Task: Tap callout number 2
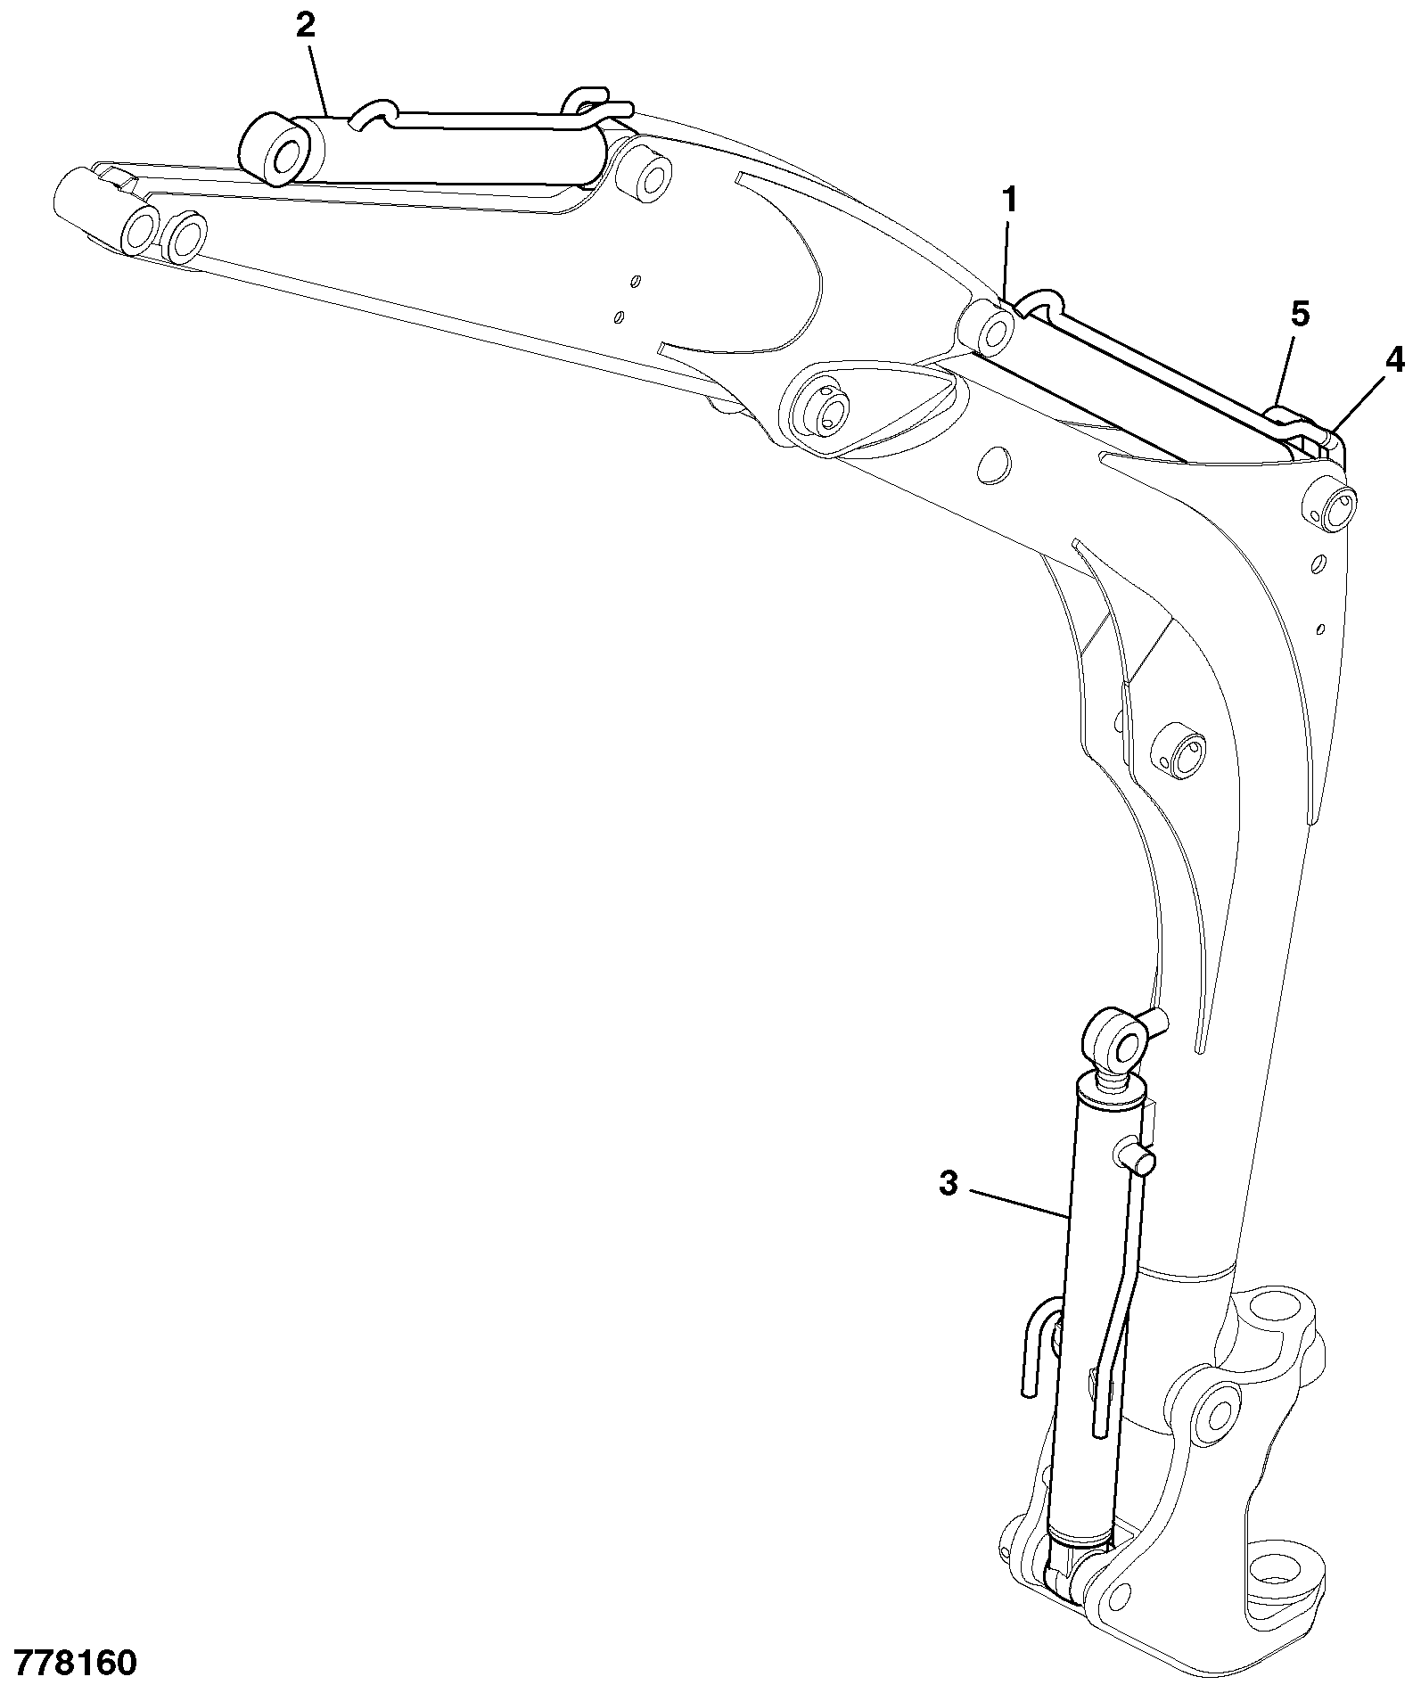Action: coord(306,24)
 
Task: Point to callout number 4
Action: coord(1395,360)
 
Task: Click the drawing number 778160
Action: coord(70,1664)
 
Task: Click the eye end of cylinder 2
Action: coord(278,150)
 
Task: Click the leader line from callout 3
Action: coord(1018,1203)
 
